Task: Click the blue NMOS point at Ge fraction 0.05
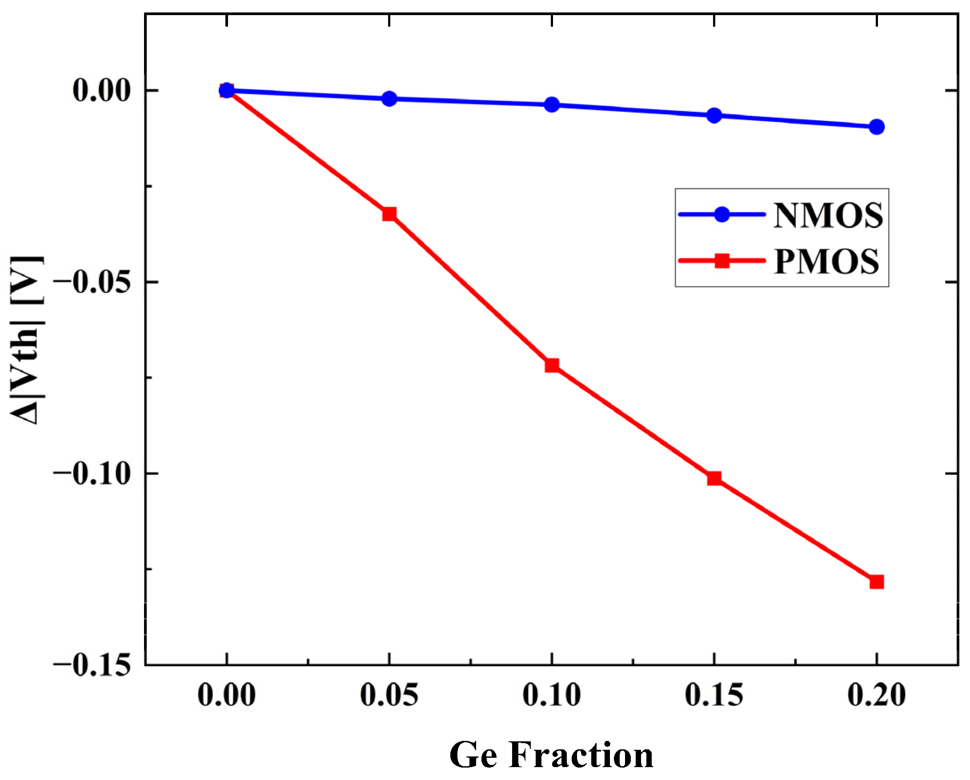coord(389,99)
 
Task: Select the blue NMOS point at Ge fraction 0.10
coord(552,105)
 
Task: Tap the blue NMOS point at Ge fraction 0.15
coord(714,115)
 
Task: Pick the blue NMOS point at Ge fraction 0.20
coord(876,127)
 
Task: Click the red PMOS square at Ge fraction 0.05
coord(389,214)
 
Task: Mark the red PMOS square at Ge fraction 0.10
coord(552,365)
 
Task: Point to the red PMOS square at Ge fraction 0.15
coord(714,478)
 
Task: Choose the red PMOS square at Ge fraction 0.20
coord(876,582)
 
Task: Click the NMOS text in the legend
coord(828,216)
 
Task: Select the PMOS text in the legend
coord(826,261)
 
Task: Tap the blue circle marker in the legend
coord(721,214)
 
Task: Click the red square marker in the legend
coord(721,260)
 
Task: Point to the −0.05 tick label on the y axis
coord(92,283)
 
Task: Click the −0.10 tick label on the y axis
coord(92,474)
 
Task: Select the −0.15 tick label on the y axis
coord(92,665)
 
